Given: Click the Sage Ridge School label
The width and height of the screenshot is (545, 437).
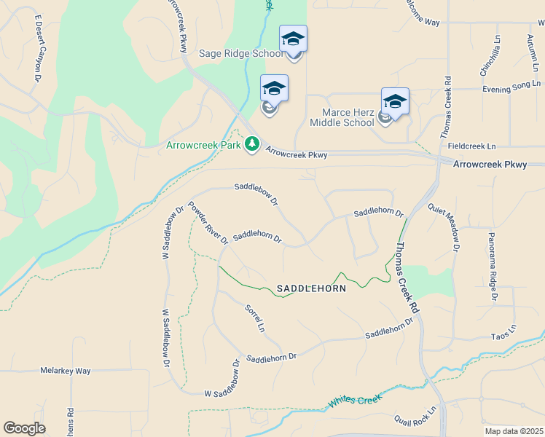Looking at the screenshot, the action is (241, 54).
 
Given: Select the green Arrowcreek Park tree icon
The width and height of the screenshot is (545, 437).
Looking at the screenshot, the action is (252, 145).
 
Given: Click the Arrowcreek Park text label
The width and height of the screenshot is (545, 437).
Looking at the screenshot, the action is (204, 146).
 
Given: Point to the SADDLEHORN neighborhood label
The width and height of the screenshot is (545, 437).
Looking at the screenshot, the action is (311, 288).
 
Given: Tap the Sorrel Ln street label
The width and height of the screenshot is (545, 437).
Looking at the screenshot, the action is (255, 318).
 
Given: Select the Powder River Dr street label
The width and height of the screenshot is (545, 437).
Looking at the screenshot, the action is (208, 222).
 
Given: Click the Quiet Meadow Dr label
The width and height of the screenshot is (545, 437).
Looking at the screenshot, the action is (444, 227).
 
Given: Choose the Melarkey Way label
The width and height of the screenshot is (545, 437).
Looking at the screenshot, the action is (66, 371).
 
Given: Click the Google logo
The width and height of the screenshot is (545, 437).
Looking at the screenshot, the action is (24, 428).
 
